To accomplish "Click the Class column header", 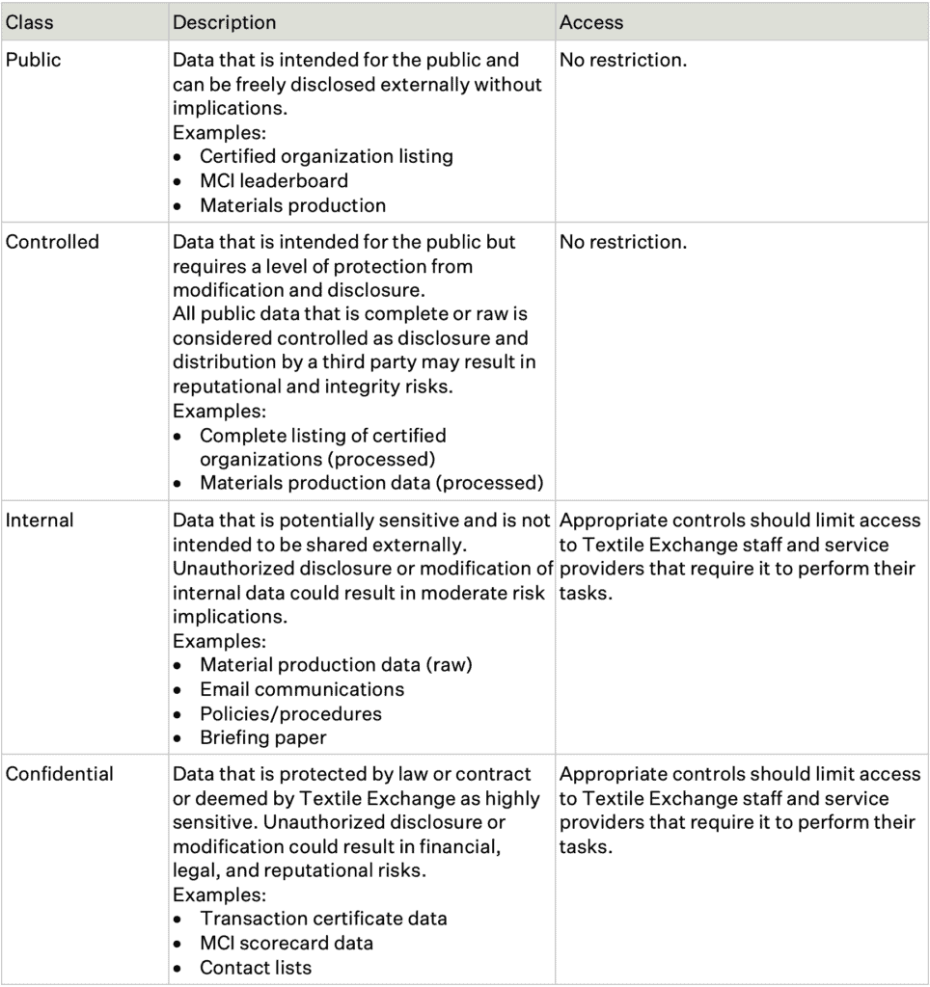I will pos(29,21).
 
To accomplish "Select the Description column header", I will pos(224,21).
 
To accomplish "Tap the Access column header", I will pos(591,21).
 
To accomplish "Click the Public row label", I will pos(33,60).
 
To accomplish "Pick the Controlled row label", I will pos(52,242).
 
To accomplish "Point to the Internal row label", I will pos(40,520).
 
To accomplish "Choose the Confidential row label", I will pos(59,774).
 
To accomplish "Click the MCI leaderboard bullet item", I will pos(274,180).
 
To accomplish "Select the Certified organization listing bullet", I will pos(326,156).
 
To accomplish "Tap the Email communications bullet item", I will pos(302,689).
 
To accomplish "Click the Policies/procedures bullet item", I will pos(290,714).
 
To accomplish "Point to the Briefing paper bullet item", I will pos(262,738).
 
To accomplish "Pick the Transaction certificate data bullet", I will pos(323,919).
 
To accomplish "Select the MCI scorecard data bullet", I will pos(287,943).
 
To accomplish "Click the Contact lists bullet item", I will pos(256,968).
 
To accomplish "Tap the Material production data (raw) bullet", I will pos(336,665).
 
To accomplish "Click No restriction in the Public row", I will pos(623,60).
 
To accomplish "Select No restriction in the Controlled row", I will pos(623,242).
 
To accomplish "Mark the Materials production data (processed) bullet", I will pos(371,483).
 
